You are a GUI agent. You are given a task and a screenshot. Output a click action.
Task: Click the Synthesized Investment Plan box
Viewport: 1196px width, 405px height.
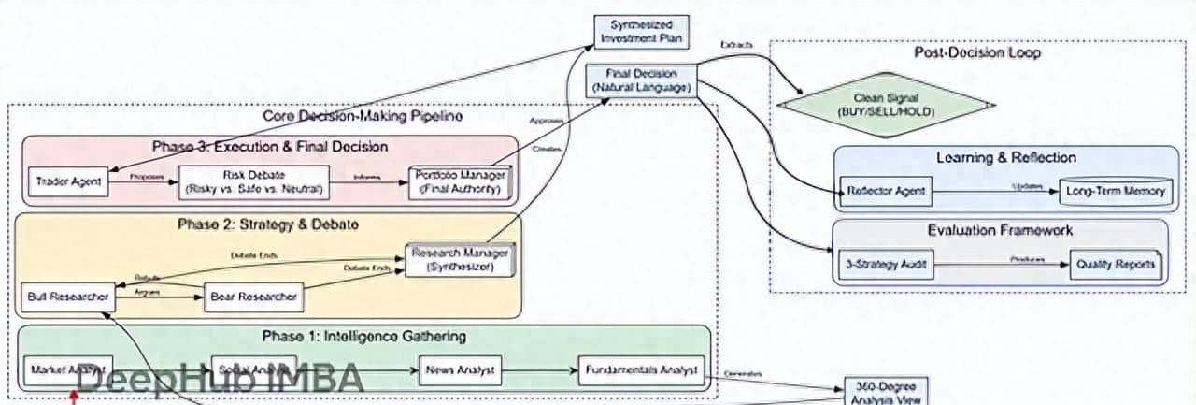pos(641,31)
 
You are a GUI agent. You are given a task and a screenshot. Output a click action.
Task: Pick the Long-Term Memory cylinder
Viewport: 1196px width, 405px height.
pos(1115,192)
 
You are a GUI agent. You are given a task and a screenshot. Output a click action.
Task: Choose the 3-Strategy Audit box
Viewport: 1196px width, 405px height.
pos(883,265)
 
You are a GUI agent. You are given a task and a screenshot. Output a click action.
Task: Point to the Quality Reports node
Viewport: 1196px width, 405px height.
pos(1115,265)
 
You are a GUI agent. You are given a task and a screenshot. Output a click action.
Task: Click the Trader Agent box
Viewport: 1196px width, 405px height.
pos(70,181)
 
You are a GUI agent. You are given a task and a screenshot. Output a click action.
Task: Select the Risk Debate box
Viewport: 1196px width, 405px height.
pos(253,181)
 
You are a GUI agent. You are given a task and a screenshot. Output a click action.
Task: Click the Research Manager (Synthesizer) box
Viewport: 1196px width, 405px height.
pos(463,260)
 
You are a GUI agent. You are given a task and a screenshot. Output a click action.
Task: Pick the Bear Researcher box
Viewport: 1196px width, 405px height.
pos(252,297)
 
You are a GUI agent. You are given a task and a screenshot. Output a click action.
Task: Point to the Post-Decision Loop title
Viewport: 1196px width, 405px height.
pos(976,53)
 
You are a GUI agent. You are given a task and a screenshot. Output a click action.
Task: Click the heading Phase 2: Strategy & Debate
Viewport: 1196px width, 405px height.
pos(268,224)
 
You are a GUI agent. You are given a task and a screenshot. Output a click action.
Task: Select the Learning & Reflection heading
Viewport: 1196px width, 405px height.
pos(1005,158)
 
